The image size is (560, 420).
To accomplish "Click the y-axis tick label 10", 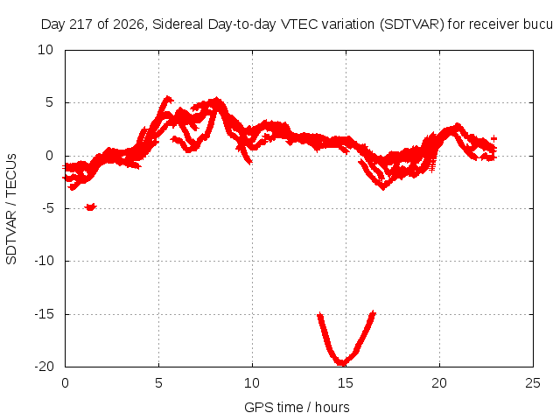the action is (x=45, y=50).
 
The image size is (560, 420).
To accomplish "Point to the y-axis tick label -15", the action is (x=45, y=314).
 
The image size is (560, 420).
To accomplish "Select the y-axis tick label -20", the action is (x=45, y=367).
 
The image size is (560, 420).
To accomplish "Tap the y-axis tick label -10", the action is (x=45, y=261).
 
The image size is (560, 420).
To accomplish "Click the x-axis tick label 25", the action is (x=533, y=383).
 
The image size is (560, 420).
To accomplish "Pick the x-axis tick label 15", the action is (x=346, y=383).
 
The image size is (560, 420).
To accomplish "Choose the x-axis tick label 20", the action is (x=439, y=383).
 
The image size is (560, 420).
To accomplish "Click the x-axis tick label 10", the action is (x=252, y=383).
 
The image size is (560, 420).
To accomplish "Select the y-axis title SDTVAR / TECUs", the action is (x=11, y=209).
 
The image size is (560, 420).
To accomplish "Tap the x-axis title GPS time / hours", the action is (x=297, y=407).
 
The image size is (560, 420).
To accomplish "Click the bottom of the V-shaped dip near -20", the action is (x=342, y=364).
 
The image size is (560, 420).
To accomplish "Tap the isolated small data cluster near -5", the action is (x=90, y=206).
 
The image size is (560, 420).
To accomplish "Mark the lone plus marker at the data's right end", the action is (x=493, y=138).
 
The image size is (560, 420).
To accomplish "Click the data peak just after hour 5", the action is (x=167, y=99).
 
